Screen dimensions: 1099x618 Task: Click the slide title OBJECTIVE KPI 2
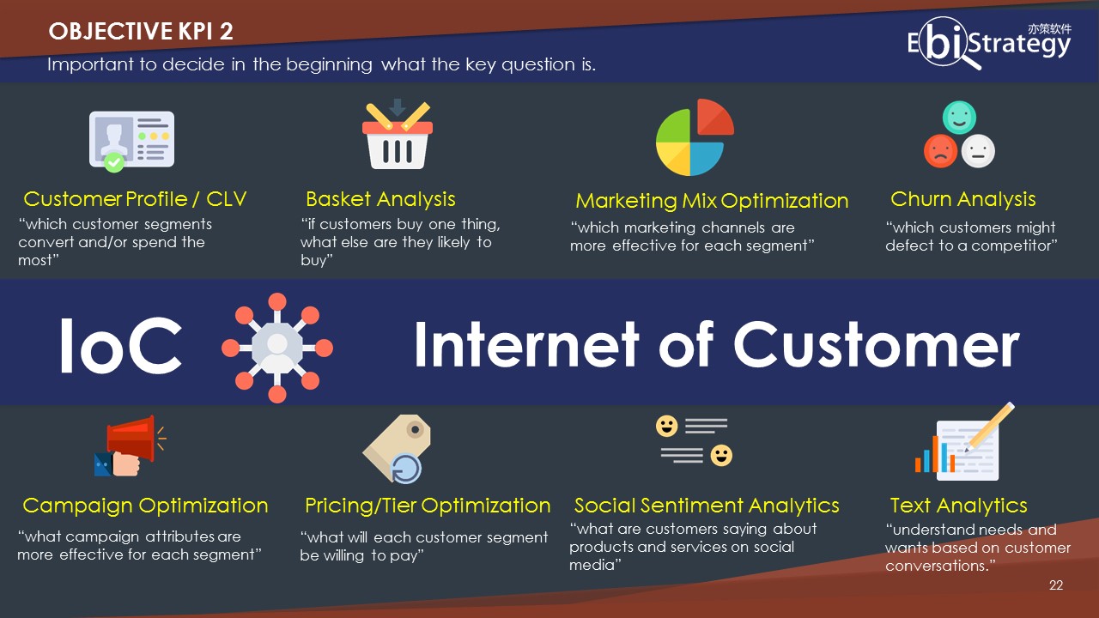(x=141, y=32)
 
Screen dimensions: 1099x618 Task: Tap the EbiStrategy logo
(x=989, y=43)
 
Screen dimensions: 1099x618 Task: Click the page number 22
(x=1056, y=585)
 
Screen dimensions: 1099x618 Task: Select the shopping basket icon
(x=398, y=135)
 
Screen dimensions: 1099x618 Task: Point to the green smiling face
(x=959, y=118)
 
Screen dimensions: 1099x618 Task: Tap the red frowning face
(x=940, y=151)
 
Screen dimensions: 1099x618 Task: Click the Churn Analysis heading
(x=963, y=199)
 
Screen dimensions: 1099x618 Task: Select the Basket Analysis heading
(x=380, y=199)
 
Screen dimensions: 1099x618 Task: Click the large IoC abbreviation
(x=121, y=345)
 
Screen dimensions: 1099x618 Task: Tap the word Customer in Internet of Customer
(x=877, y=344)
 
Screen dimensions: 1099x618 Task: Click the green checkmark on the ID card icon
(x=114, y=162)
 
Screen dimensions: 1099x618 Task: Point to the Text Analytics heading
(x=959, y=506)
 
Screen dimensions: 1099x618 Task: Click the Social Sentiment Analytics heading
(x=707, y=506)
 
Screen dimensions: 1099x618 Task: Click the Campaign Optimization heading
(x=145, y=506)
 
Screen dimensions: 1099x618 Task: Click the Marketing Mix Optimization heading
(x=712, y=201)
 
